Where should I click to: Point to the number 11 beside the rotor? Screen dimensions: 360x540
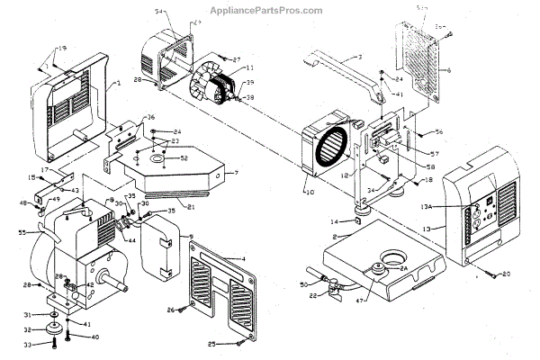[249, 67]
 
